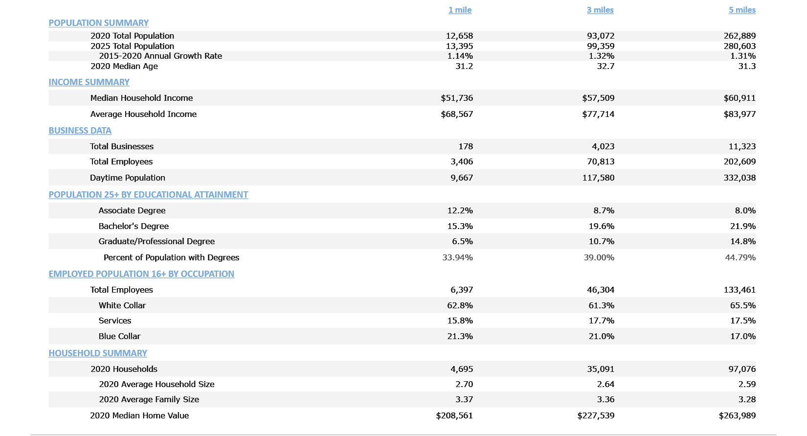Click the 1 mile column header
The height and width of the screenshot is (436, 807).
coord(460,10)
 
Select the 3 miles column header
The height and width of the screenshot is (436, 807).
coord(600,10)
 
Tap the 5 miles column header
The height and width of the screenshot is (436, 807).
coord(742,10)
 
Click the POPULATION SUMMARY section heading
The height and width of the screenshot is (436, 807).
coord(98,23)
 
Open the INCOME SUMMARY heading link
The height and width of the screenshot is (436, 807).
coord(89,82)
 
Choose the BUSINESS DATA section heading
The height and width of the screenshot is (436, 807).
coord(80,131)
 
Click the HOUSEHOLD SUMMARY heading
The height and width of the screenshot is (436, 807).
coord(98,353)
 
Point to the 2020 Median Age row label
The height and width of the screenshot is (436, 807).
coord(124,66)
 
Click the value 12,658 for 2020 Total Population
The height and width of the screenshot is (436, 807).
coord(459,36)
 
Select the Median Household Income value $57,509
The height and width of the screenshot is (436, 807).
coord(598,98)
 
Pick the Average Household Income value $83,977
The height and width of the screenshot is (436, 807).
coord(740,114)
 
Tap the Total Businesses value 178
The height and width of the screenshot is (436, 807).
coord(466,146)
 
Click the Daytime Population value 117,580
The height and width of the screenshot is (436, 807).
coord(598,178)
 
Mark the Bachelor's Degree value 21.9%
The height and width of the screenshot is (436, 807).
coord(742,226)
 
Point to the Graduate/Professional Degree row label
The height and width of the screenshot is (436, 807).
coord(157,241)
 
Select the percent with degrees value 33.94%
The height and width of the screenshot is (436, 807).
coord(457,257)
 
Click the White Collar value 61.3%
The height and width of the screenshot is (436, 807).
coord(601,305)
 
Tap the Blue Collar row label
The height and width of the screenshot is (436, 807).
coord(119,336)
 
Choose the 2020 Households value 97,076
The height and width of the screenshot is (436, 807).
coord(742,369)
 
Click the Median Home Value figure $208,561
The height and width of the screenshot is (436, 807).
coord(454,415)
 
